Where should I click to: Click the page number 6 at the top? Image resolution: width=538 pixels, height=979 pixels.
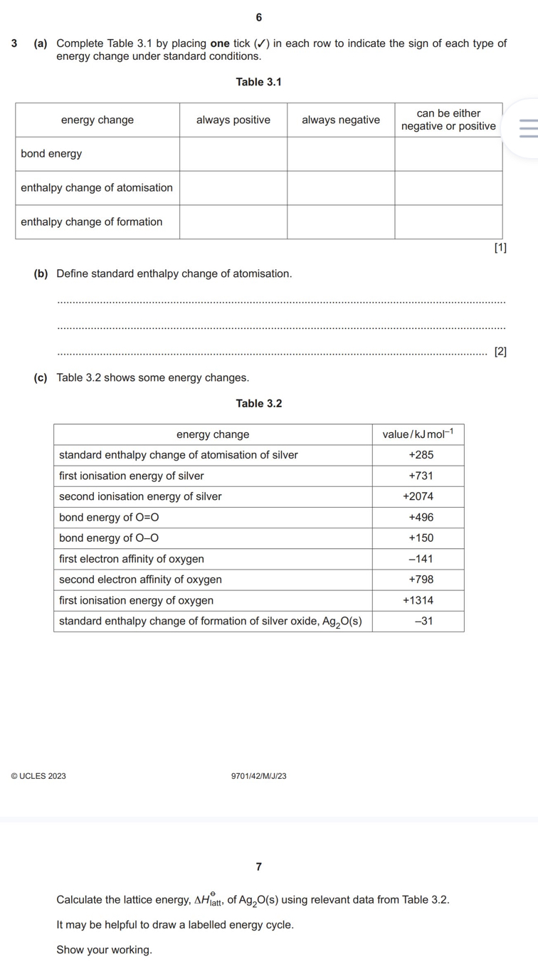(x=258, y=17)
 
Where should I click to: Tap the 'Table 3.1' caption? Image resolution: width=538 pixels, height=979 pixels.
(x=258, y=83)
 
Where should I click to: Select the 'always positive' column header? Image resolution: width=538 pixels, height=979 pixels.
(x=233, y=120)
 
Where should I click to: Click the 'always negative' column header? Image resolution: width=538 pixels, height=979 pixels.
(x=341, y=120)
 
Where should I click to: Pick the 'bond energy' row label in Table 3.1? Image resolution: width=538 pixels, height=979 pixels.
(x=51, y=154)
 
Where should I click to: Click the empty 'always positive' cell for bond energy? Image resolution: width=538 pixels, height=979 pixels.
(x=233, y=154)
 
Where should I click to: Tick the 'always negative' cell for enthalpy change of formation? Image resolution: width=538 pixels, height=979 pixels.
(x=341, y=222)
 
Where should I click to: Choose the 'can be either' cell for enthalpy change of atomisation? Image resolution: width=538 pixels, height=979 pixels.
(x=448, y=188)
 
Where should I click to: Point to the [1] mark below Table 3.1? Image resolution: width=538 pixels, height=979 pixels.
(x=500, y=247)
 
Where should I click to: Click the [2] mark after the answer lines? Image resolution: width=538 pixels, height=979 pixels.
(x=500, y=351)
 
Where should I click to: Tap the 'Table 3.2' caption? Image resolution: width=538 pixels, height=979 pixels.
(x=258, y=404)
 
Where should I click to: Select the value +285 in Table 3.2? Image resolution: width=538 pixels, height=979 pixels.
(x=421, y=455)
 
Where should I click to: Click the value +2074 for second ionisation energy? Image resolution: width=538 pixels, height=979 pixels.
(x=418, y=496)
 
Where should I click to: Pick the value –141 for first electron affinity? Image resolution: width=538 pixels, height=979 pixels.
(x=421, y=559)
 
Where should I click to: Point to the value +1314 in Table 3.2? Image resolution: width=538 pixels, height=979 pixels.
(x=418, y=600)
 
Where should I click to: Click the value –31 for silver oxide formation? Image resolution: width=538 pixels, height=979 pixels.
(x=424, y=621)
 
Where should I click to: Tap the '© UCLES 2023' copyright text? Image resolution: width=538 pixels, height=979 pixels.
(x=38, y=776)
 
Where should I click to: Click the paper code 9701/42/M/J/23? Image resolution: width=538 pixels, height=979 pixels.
(x=258, y=776)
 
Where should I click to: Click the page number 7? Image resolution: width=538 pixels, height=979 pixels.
(x=258, y=867)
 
